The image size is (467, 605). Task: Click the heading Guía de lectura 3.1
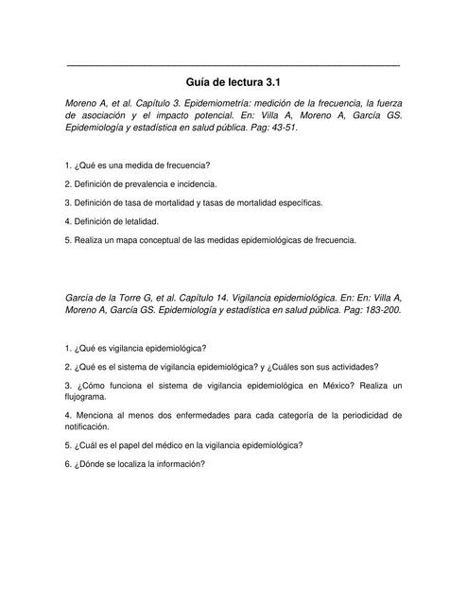pyautogui.click(x=233, y=82)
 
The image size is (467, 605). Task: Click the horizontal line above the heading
pyautogui.click(x=233, y=64)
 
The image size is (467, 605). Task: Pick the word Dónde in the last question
pyautogui.click(x=91, y=463)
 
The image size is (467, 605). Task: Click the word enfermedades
pyautogui.click(x=215, y=415)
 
